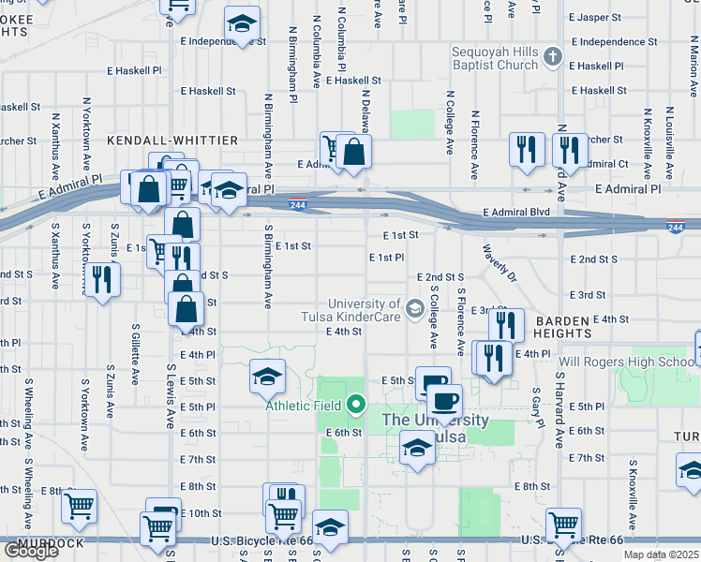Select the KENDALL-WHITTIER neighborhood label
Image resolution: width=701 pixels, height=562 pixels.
pos(172,140)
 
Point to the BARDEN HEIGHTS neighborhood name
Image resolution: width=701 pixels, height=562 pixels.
pos(562,326)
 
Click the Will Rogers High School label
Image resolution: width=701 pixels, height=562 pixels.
pos(626,362)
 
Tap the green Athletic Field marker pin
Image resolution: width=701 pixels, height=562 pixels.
pos(355,405)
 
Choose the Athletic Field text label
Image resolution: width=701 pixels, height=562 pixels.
pos(305,406)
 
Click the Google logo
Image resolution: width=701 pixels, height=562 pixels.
pos(31,551)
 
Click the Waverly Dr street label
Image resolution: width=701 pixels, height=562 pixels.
pos(499,263)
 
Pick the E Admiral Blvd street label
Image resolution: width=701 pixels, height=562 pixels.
pos(516,213)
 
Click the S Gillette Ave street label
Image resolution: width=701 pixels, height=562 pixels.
pos(136,355)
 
